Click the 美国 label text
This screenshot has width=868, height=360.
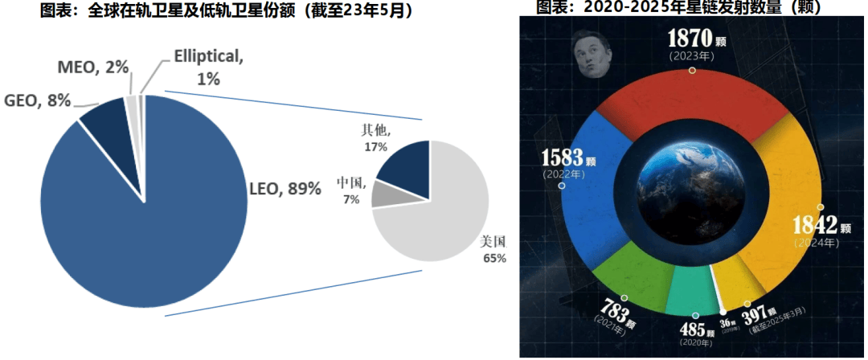coord(493,241)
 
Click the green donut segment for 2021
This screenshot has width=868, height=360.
coord(635,265)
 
